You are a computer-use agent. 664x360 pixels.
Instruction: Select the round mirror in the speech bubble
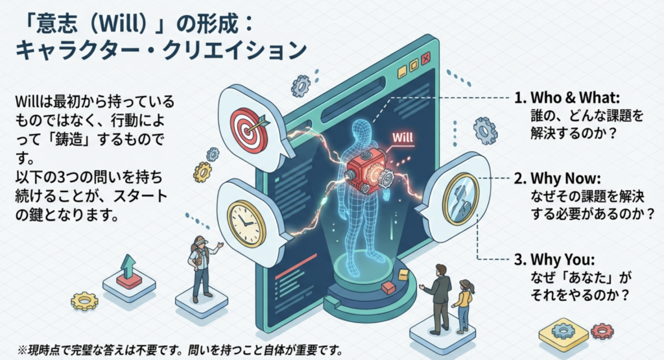coord(461,199)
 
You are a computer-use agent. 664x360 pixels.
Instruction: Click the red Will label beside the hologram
coord(402,138)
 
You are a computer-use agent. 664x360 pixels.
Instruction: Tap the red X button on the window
coord(426,58)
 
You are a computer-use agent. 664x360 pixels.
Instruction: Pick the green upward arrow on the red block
coord(127,265)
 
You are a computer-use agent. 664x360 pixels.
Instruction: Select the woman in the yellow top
coord(463,305)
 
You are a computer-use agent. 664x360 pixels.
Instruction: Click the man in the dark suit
coord(439,298)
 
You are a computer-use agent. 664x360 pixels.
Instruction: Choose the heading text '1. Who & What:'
coord(567,98)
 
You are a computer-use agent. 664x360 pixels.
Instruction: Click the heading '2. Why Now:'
coord(557,178)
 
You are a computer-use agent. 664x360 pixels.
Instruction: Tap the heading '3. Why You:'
coord(554,259)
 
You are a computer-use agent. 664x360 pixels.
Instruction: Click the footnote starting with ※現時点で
coord(180,350)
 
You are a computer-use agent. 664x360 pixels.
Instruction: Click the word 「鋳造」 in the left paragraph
coord(65,139)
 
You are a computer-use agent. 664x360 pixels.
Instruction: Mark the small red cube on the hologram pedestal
coord(388,288)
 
